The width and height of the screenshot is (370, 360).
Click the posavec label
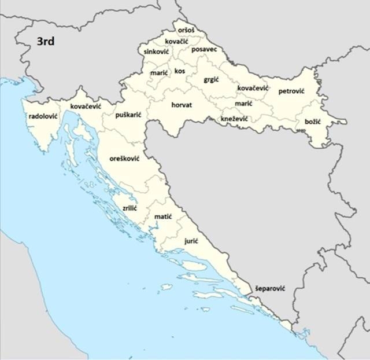coord(204,50)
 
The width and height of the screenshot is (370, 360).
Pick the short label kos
coord(180,71)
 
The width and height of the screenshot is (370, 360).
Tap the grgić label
coord(211,79)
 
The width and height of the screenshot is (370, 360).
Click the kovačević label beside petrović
coord(253,88)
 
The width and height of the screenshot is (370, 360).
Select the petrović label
coord(291,91)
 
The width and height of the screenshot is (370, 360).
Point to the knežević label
coord(234,119)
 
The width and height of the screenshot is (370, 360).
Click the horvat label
coord(182,105)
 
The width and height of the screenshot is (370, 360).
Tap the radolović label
coord(43,116)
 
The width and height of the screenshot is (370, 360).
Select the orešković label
coord(125,158)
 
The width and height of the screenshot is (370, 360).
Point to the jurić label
coord(191,240)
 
